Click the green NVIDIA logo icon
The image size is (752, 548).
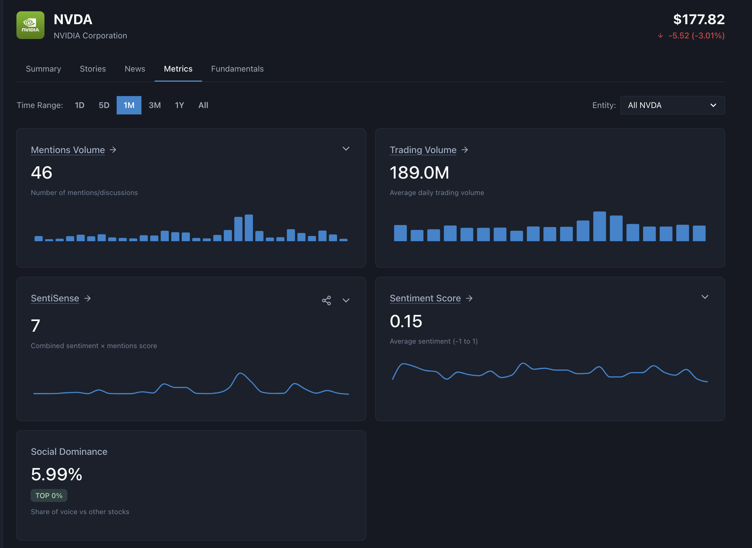pyautogui.click(x=30, y=25)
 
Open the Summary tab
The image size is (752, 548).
pyautogui.click(x=43, y=69)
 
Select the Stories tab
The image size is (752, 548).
pyautogui.click(x=92, y=69)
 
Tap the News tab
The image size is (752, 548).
pyautogui.click(x=135, y=69)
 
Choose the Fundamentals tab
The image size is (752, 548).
pyautogui.click(x=237, y=69)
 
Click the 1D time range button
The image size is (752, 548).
pyautogui.click(x=79, y=105)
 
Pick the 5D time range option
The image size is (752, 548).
pyautogui.click(x=104, y=105)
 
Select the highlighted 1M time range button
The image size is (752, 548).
pyautogui.click(x=129, y=105)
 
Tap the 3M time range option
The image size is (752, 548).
pyautogui.click(x=155, y=105)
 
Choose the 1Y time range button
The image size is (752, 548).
pyautogui.click(x=179, y=105)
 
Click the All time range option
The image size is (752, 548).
pyautogui.click(x=203, y=105)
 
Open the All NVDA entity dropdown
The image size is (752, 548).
pyautogui.click(x=672, y=105)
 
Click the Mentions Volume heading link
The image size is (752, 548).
pyautogui.click(x=68, y=150)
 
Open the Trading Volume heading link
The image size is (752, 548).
pyautogui.click(x=423, y=150)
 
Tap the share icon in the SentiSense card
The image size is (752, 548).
pyautogui.click(x=326, y=300)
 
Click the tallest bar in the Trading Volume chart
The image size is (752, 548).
pyautogui.click(x=599, y=226)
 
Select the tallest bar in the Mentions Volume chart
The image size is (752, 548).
pyautogui.click(x=249, y=228)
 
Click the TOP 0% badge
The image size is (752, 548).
pyautogui.click(x=49, y=495)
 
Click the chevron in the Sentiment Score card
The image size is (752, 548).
pyautogui.click(x=705, y=297)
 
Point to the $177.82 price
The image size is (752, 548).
pyautogui.click(x=699, y=19)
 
